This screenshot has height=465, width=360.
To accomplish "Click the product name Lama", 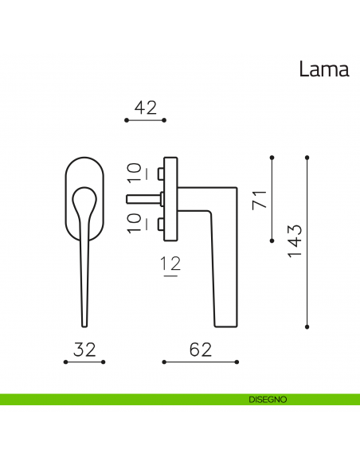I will [323, 69].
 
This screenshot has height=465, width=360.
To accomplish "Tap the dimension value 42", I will [145, 107].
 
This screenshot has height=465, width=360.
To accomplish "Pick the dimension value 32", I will [84, 349].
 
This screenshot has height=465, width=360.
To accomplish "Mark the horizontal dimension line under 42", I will [145, 120].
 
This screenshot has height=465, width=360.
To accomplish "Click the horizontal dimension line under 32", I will [84, 362].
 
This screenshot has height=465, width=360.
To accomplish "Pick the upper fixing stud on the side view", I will [161, 173].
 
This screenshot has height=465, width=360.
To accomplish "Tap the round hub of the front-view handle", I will [84, 199].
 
